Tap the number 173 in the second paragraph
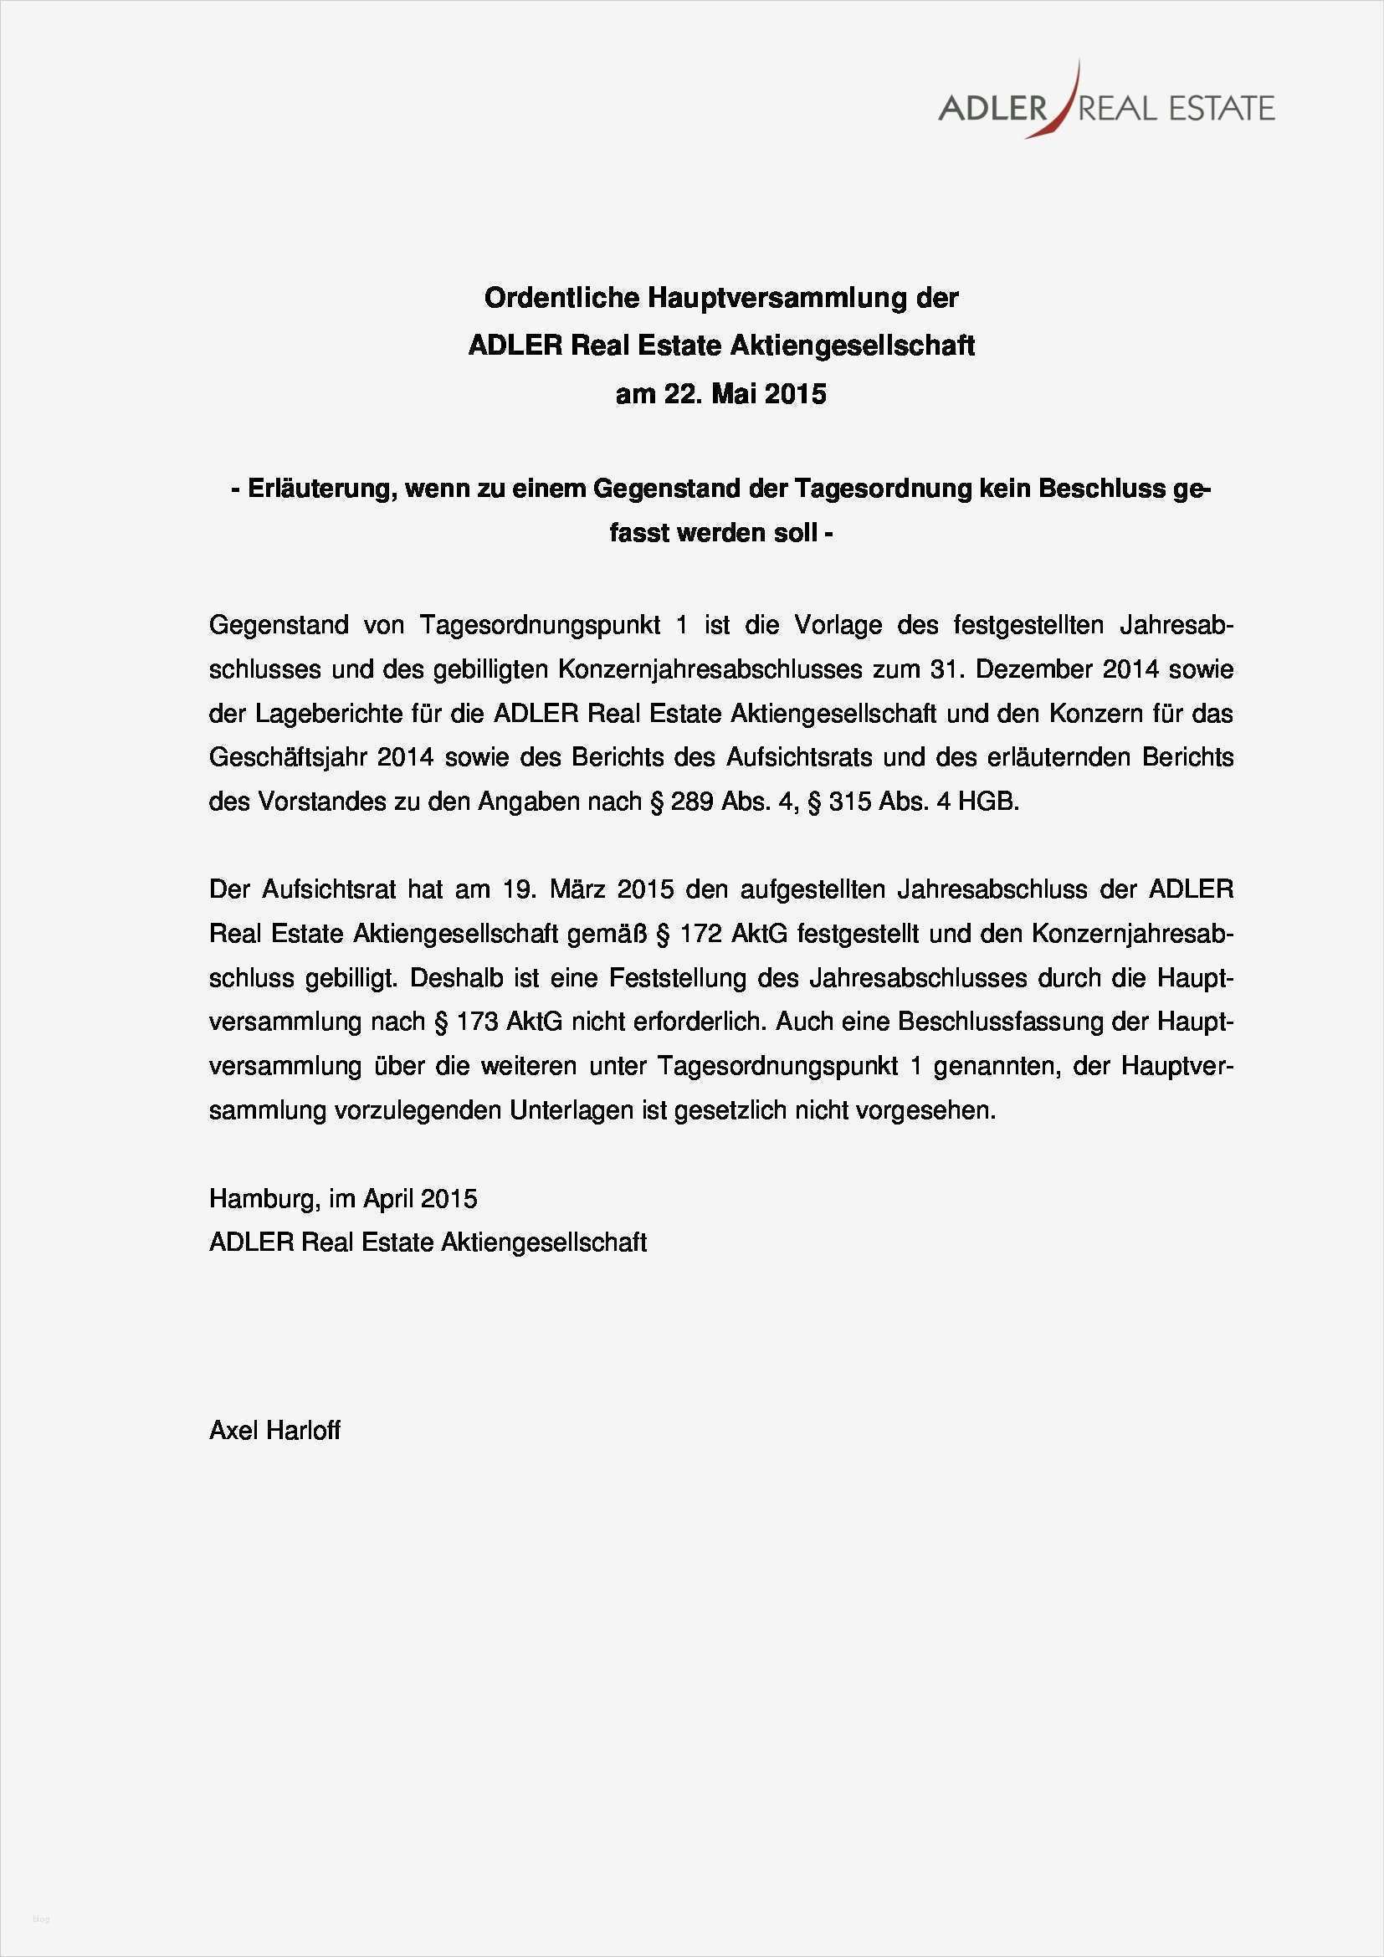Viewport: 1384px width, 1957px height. (x=477, y=1022)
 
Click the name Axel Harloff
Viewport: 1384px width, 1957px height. (x=274, y=1430)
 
